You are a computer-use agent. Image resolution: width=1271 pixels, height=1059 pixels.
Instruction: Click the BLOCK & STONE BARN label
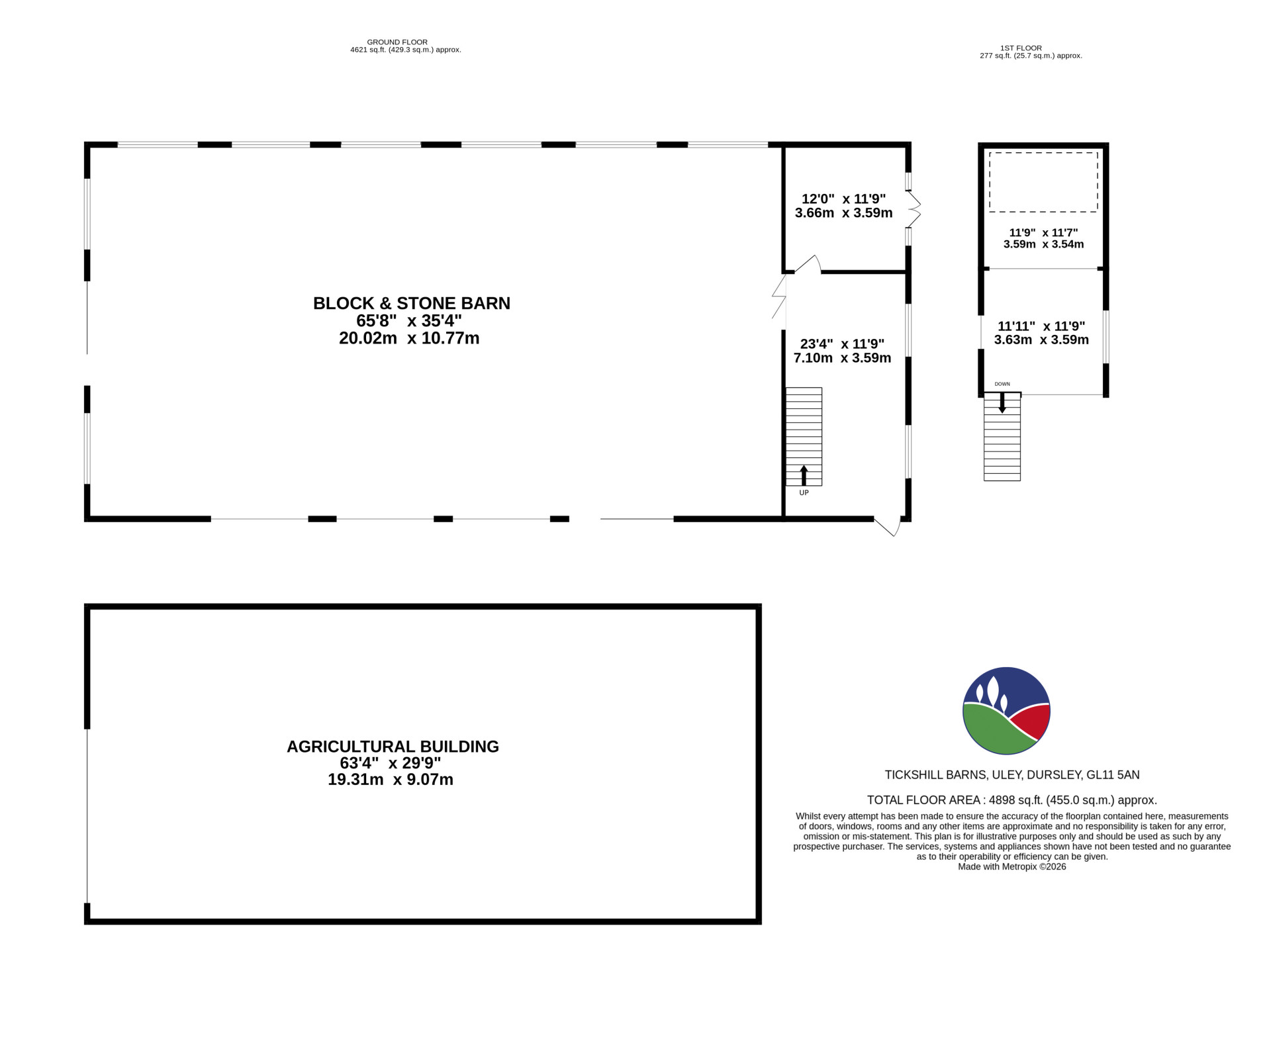(411, 303)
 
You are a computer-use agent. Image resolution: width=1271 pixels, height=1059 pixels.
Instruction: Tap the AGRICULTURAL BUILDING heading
(393, 747)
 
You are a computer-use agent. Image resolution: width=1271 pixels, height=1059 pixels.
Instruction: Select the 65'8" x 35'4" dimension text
(409, 321)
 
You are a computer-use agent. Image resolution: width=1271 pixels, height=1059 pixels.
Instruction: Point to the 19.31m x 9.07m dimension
(391, 780)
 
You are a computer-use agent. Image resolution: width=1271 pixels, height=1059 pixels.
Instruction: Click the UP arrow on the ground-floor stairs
(804, 475)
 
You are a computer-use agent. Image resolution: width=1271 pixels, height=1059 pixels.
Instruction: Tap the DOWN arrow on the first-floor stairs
(1002, 402)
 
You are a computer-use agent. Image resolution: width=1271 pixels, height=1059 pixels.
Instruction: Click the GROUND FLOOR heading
(397, 42)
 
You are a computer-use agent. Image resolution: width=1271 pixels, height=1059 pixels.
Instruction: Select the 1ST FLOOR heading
(1021, 48)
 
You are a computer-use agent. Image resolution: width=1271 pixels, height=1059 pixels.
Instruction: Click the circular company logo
(1006, 711)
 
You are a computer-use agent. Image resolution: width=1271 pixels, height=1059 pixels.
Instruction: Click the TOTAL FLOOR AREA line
(1012, 800)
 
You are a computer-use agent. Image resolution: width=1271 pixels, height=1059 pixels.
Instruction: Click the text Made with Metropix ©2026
(1012, 866)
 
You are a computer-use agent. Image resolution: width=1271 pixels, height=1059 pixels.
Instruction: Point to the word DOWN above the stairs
(1002, 385)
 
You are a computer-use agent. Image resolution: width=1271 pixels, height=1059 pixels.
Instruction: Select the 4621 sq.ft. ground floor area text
(405, 50)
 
